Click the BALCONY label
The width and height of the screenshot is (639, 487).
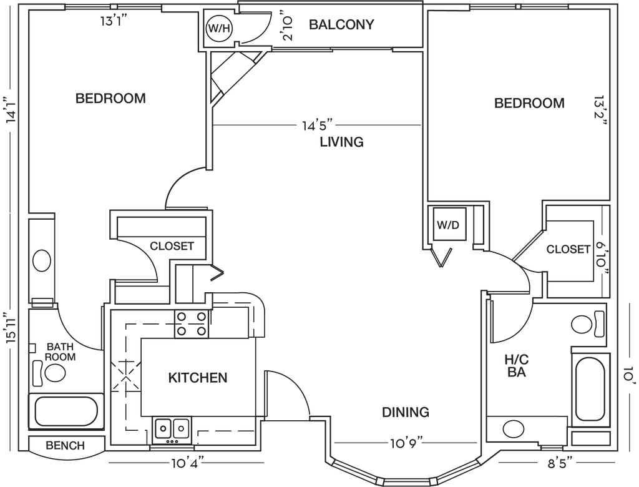coord(342,25)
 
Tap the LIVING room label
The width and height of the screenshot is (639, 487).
coord(341,142)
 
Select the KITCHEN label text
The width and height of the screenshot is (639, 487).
coord(197,378)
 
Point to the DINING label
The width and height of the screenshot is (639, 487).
coord(406,412)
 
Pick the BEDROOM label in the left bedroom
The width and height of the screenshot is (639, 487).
coord(110,99)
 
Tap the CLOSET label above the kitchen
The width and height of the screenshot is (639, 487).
coord(172,246)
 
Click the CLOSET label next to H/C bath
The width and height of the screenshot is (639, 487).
coord(567,250)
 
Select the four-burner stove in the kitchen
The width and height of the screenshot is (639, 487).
coord(192,324)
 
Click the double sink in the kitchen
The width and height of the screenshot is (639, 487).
coord(172,430)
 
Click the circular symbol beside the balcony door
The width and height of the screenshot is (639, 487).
coord(218,28)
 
